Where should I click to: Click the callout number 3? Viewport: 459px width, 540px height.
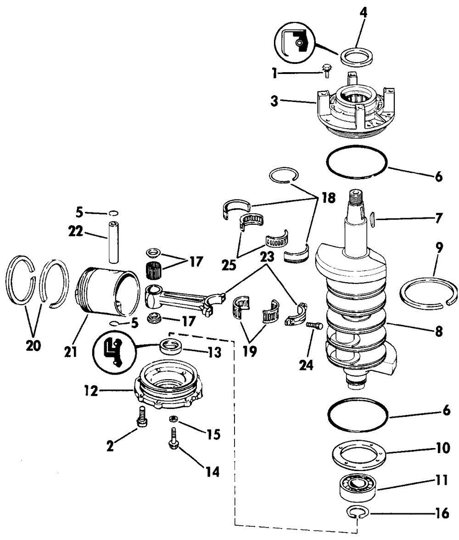click(x=274, y=102)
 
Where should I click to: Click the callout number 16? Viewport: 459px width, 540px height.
click(x=442, y=514)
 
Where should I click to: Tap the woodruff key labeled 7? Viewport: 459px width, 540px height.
click(x=372, y=217)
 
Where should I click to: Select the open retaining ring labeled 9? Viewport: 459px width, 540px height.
click(x=428, y=295)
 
